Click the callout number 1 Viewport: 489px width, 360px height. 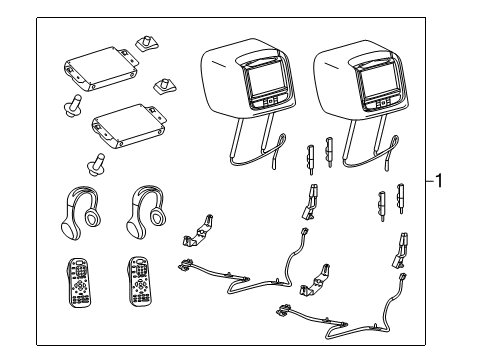click(x=439, y=181)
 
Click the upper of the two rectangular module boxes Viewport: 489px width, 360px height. click(x=101, y=68)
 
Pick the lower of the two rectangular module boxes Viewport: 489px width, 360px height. click(x=129, y=126)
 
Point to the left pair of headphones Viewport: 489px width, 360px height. click(x=81, y=212)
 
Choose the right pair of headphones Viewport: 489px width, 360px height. click(x=146, y=212)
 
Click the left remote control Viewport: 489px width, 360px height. click(x=79, y=282)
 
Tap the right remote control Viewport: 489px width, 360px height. click(x=141, y=281)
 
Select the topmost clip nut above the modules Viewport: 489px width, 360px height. click(x=146, y=44)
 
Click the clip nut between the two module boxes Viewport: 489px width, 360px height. click(x=164, y=87)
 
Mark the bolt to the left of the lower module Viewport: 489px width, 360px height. click(x=72, y=105)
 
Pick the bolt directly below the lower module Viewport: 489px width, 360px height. click(x=96, y=163)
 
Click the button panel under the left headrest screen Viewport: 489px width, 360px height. click(x=270, y=100)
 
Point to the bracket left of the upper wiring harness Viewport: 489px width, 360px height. click(x=198, y=231)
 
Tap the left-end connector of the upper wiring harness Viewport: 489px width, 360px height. click(x=186, y=264)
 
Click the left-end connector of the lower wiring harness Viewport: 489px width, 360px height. click(x=284, y=311)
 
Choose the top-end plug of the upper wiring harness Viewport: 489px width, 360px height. click(x=304, y=232)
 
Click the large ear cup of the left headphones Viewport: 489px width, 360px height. click(x=71, y=228)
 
